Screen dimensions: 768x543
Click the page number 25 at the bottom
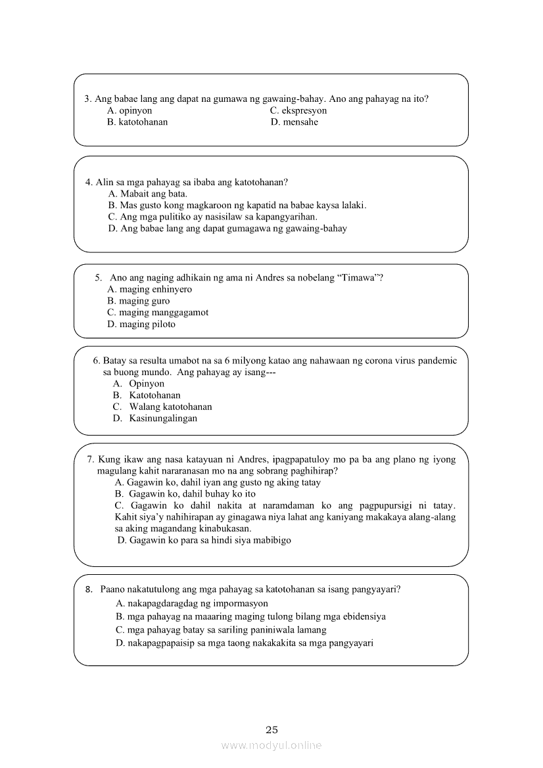(271, 729)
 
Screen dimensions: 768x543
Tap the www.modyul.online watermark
(271, 746)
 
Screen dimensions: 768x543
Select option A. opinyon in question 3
(130, 110)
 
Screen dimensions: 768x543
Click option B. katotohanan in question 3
(137, 122)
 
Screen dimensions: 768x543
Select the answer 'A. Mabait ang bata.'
(148, 193)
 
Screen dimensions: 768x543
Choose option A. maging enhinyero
(149, 289)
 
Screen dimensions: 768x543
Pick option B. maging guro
(138, 301)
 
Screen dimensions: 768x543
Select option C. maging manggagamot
(158, 313)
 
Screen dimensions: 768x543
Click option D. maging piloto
(141, 325)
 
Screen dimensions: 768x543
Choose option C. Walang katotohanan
(162, 407)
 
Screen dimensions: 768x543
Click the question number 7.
(91, 459)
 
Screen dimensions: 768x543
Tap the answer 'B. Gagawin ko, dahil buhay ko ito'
(185, 494)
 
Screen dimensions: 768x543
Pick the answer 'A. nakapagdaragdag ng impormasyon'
(191, 603)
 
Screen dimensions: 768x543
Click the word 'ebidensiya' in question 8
(363, 616)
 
